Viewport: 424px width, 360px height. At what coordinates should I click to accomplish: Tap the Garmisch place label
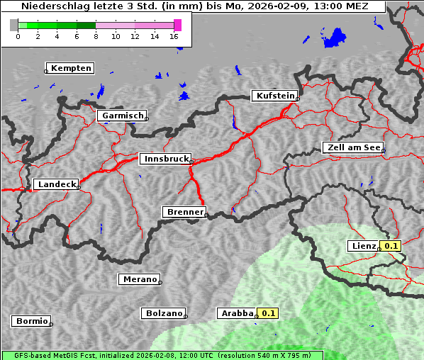[x=123, y=116]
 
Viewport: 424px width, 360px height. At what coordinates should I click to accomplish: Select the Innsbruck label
[x=164, y=159]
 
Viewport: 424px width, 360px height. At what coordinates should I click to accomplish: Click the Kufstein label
[x=275, y=96]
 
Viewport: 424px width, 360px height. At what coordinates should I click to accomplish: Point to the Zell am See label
[x=353, y=147]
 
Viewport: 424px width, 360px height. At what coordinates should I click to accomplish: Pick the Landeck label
[x=57, y=184]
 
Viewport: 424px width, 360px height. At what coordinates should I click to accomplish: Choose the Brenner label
[x=184, y=212]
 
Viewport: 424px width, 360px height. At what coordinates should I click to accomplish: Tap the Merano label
[x=139, y=279]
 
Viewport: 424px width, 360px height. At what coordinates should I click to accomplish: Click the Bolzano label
[x=164, y=313]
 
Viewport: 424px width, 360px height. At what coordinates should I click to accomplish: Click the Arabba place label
[x=236, y=313]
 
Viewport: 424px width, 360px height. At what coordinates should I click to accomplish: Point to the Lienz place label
[x=364, y=246]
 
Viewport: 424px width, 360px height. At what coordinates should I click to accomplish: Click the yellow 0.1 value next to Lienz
[x=391, y=246]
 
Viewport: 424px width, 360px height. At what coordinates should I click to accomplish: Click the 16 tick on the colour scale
[x=174, y=36]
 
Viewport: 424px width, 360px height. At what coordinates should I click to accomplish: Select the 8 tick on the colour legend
[x=96, y=36]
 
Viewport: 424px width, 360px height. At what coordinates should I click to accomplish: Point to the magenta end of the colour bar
[x=177, y=25]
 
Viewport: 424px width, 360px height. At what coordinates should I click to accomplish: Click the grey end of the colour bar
[x=14, y=25]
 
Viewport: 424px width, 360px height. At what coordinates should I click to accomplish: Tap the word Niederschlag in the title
[x=50, y=6]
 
